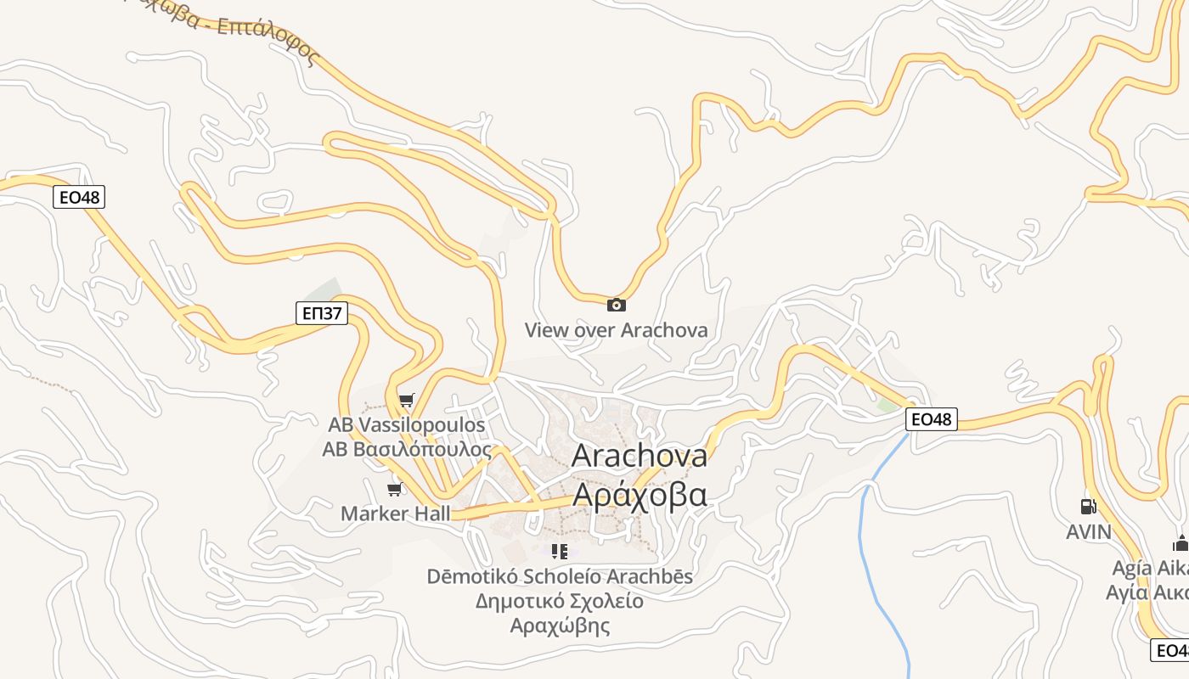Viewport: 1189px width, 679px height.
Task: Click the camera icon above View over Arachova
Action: [616, 306]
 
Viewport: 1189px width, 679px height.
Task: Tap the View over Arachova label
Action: [616, 330]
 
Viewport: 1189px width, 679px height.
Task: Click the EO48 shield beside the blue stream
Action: [931, 419]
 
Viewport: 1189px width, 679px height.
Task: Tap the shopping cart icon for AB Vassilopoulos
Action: [407, 400]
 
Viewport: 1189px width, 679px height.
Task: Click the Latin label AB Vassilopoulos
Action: [407, 424]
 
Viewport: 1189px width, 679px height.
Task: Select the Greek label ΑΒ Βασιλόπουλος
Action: [407, 449]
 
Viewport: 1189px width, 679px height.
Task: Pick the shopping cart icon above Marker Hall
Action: [394, 489]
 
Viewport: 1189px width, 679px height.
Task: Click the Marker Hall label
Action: [396, 513]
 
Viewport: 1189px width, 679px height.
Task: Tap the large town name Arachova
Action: [639, 456]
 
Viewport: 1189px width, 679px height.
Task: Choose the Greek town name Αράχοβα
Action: [639, 494]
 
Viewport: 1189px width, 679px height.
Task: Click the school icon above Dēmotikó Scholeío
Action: [559, 553]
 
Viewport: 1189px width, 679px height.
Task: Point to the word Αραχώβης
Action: [560, 626]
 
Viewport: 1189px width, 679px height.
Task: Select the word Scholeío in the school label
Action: [547, 577]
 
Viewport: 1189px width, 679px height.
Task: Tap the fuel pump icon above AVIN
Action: [1088, 507]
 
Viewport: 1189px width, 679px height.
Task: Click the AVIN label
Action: [1089, 532]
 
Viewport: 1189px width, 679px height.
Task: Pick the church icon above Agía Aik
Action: [1181, 544]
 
